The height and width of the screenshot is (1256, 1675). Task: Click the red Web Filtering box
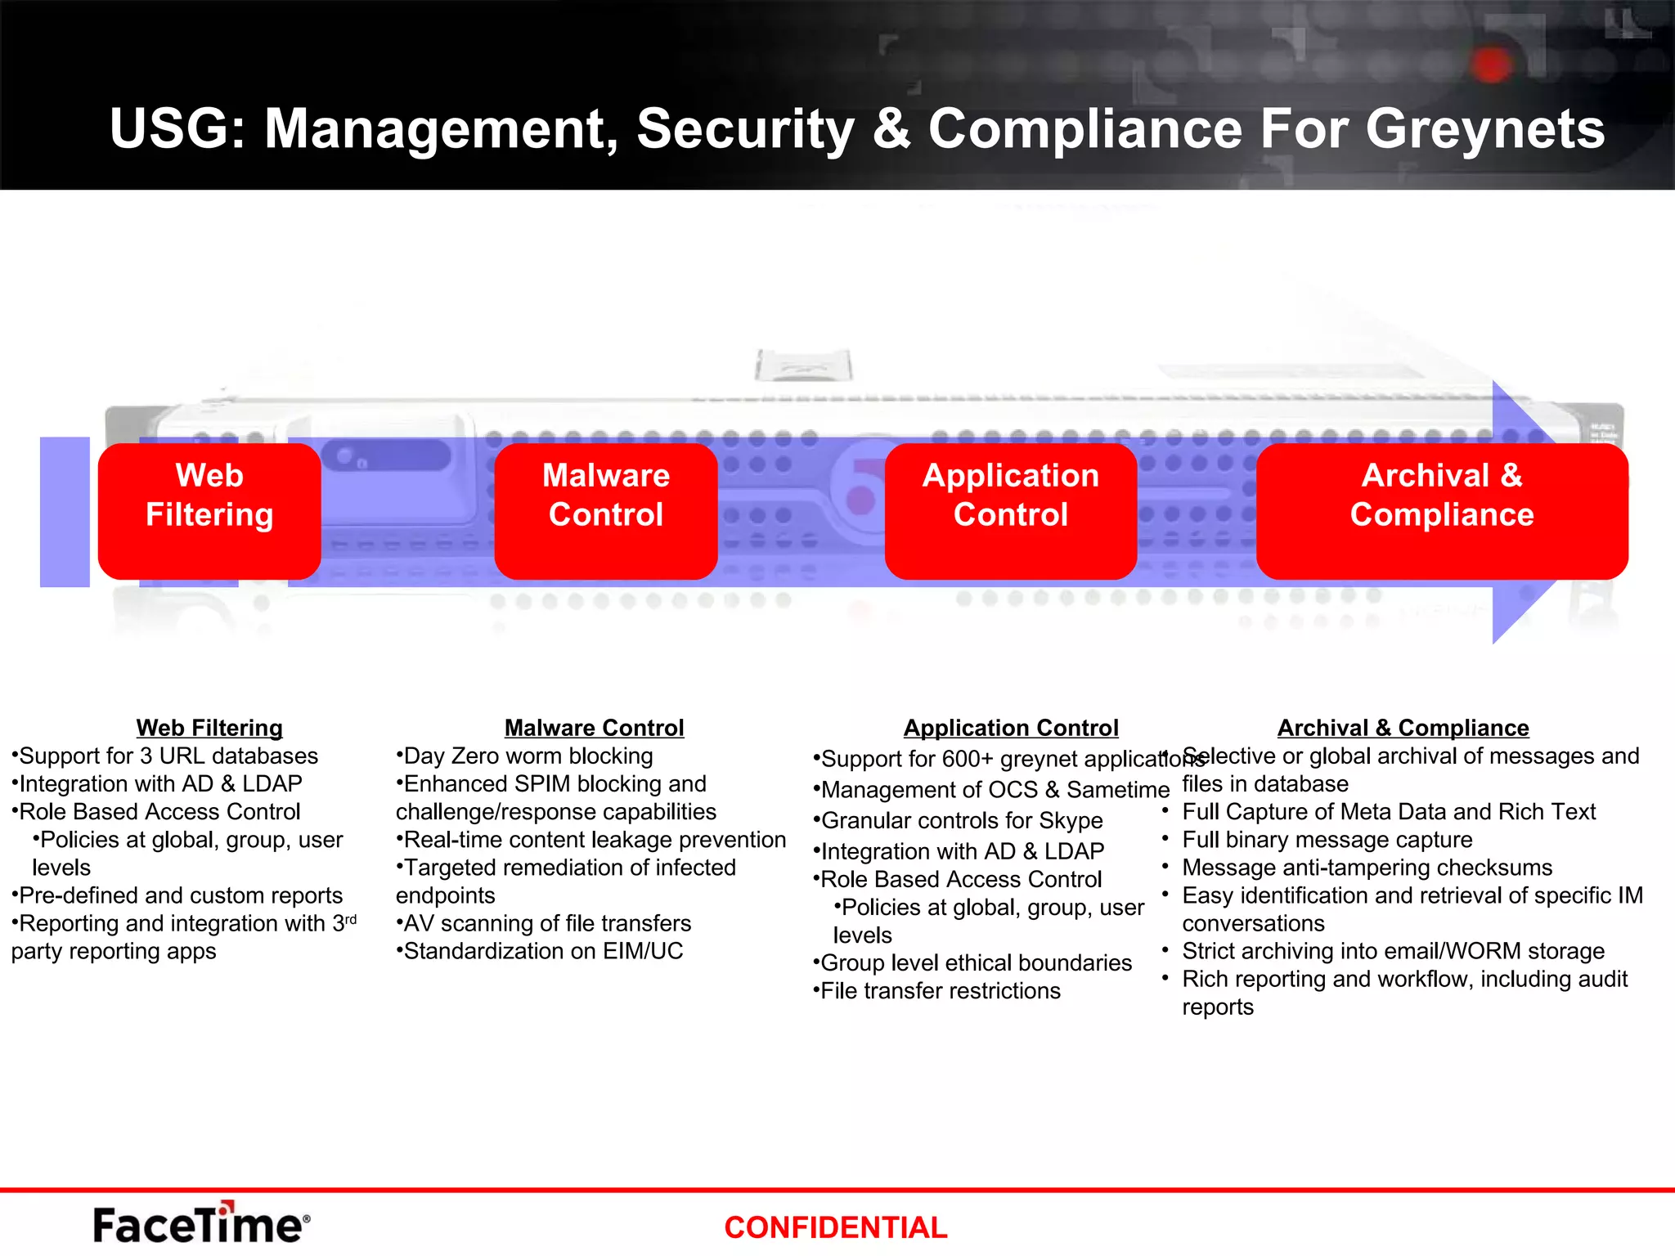coord(209,510)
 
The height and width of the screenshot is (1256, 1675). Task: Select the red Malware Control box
coord(606,510)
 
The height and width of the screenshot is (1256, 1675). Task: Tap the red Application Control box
coord(1011,510)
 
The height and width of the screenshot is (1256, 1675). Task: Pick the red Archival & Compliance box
coord(1442,510)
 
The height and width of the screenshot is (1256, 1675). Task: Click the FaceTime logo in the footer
coord(201,1224)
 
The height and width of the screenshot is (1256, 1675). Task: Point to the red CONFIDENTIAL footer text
coord(835,1227)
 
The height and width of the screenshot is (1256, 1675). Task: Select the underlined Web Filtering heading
coord(209,728)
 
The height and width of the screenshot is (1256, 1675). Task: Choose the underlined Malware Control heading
coord(595,728)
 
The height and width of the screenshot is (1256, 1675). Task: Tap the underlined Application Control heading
coord(1011,728)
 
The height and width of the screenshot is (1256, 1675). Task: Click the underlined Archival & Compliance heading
coord(1403,728)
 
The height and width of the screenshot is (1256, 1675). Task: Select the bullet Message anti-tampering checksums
coord(1367,867)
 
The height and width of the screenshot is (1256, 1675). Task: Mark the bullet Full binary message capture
coord(1327,839)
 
